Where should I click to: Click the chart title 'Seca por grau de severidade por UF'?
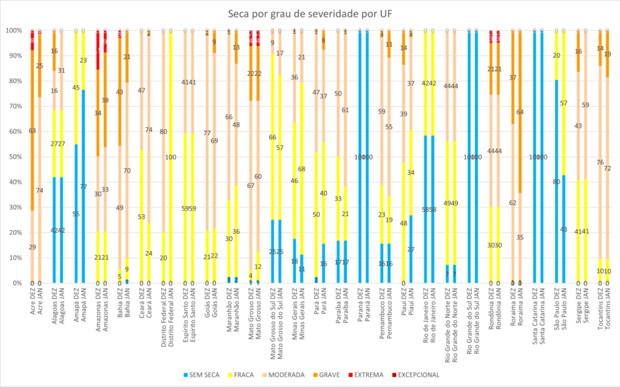tap(309, 13)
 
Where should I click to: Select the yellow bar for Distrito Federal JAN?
tap(171, 182)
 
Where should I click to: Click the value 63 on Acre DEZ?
tap(32, 130)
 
